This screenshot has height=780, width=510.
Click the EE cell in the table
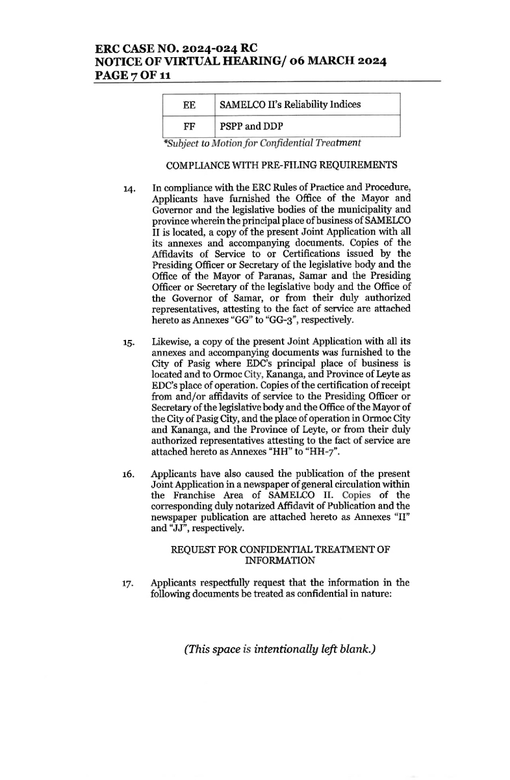[x=189, y=105]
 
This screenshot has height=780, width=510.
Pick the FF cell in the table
[x=189, y=126]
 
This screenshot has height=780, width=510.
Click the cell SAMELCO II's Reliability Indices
[x=290, y=105]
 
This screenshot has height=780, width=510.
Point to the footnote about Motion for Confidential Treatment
[x=262, y=143]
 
